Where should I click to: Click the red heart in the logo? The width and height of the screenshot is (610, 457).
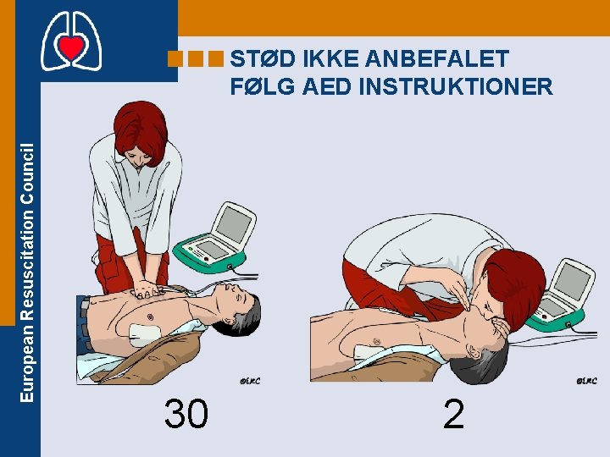pyautogui.click(x=71, y=47)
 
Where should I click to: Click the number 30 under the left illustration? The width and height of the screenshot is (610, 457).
pyautogui.click(x=186, y=414)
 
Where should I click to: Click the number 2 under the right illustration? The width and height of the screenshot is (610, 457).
pyautogui.click(x=453, y=414)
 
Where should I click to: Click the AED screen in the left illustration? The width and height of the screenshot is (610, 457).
pyautogui.click(x=234, y=224)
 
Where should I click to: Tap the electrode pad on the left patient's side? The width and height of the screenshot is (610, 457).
pyautogui.click(x=144, y=335)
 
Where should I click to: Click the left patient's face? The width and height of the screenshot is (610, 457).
pyautogui.click(x=234, y=296)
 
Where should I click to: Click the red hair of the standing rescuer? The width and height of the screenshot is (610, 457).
pyautogui.click(x=141, y=131)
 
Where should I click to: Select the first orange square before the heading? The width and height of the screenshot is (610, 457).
pyautogui.click(x=175, y=59)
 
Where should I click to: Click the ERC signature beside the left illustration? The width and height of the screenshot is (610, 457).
pyautogui.click(x=250, y=381)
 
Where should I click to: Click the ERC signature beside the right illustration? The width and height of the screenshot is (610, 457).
pyautogui.click(x=586, y=381)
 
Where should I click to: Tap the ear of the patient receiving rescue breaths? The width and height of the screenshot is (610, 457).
pyautogui.click(x=474, y=351)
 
